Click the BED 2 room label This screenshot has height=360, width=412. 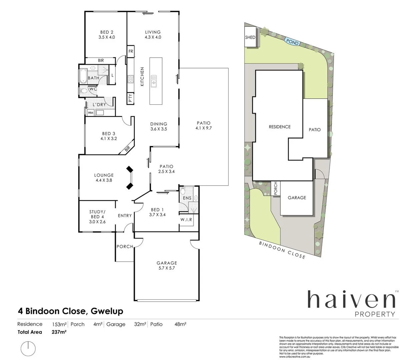point(107,35)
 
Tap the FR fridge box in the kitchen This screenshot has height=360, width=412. point(131,51)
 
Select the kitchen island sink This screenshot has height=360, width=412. point(154,81)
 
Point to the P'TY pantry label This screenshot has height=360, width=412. point(130,98)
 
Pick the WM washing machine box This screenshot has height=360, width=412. point(90,113)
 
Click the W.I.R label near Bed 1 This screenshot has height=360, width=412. point(186,220)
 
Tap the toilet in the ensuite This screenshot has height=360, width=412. point(182,192)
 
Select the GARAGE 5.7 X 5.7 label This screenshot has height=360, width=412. point(167,265)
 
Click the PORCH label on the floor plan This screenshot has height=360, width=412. point(125,247)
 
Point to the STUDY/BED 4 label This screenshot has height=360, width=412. point(97,217)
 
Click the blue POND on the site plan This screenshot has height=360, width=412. point(292,42)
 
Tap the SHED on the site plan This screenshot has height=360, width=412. point(250,37)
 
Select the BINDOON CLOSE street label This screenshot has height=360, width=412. point(282,250)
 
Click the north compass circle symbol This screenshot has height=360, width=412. point(28,348)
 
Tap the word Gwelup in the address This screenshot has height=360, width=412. point(106,311)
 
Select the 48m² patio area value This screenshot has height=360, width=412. point(180,324)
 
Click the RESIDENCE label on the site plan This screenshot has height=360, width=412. point(280,127)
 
